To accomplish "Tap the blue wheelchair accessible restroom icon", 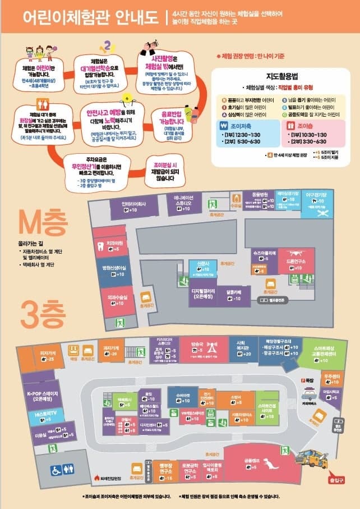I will coord(57,470).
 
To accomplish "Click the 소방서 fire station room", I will coord(236,400).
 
